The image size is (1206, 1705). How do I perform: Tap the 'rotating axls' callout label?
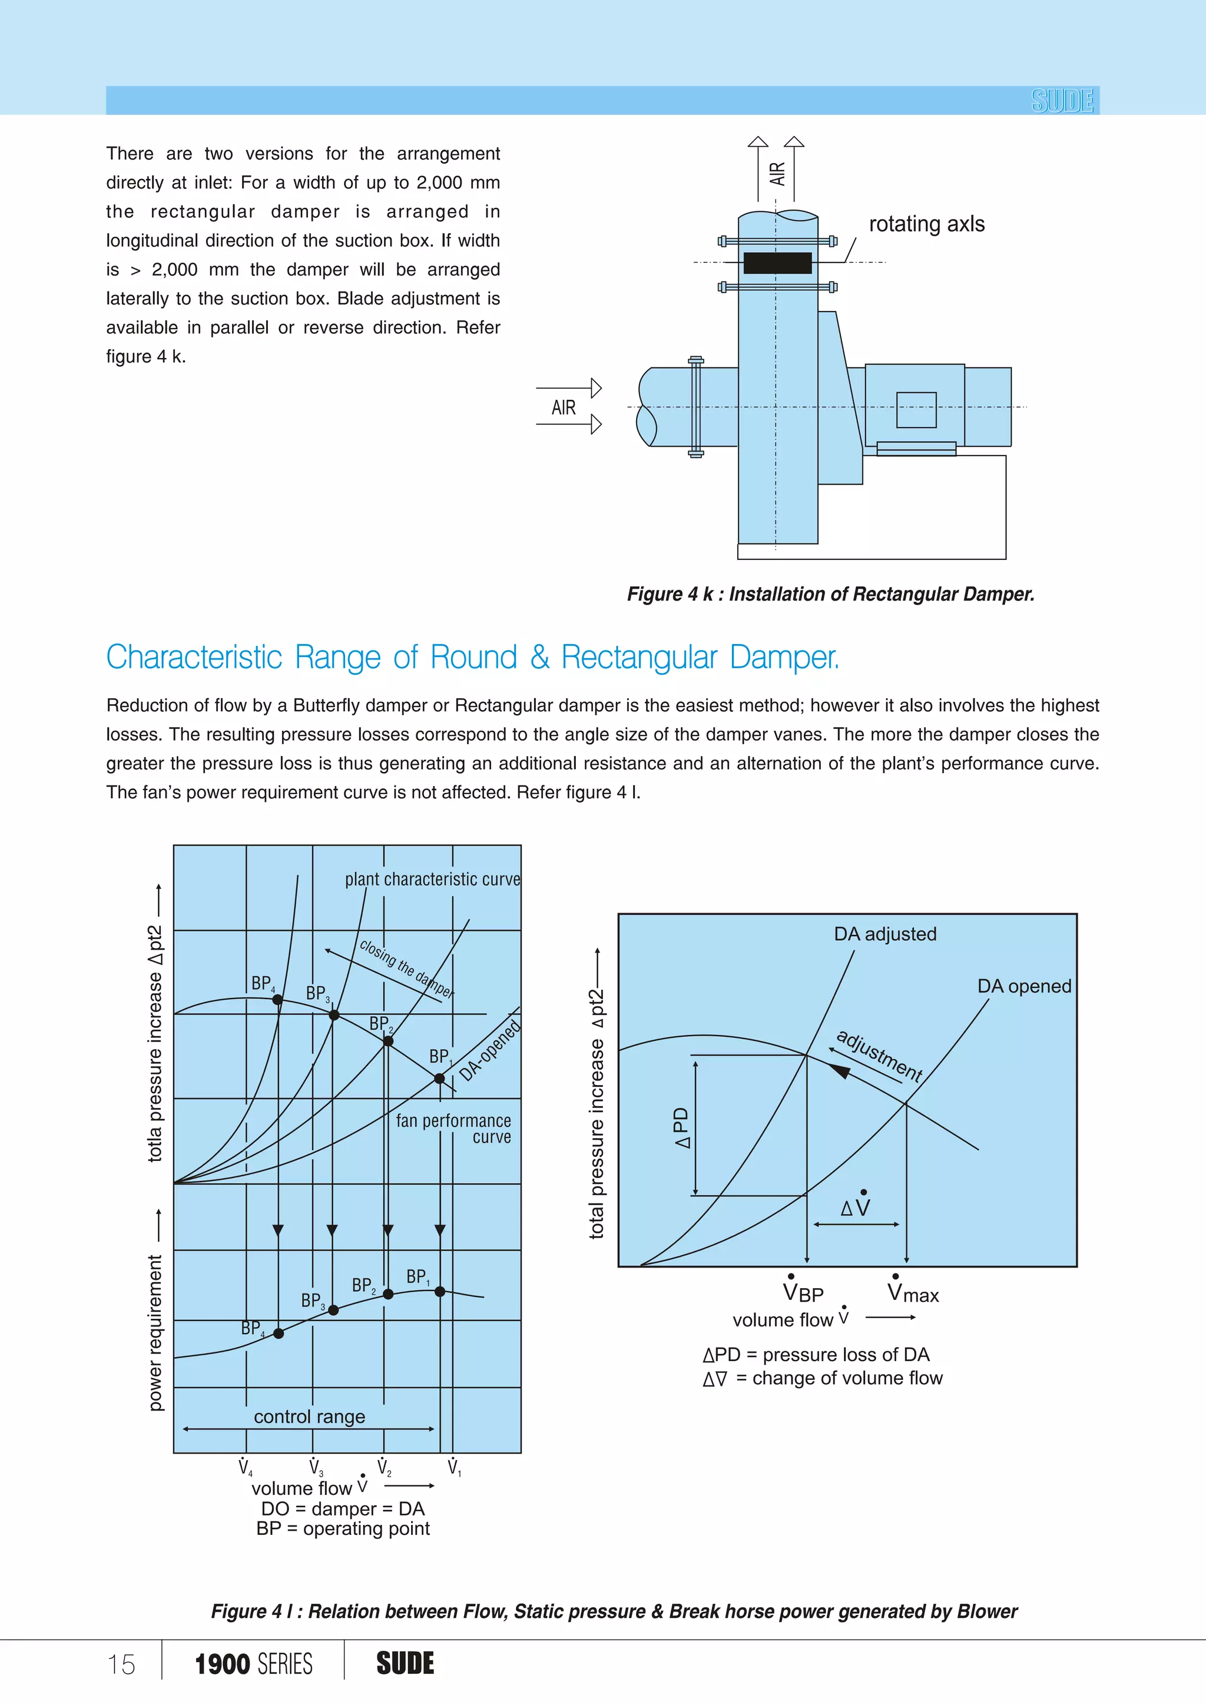point(926,224)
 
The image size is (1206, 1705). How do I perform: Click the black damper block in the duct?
point(777,263)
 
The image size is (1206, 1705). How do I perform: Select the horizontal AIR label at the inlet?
point(564,407)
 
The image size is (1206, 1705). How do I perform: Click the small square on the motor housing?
point(916,410)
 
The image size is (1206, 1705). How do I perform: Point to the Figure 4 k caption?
point(830,594)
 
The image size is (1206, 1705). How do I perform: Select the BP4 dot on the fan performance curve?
point(278,1000)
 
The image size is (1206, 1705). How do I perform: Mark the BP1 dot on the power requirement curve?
point(440,1291)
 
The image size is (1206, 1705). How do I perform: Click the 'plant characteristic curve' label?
point(432,879)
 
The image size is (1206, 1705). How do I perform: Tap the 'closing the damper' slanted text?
point(406,968)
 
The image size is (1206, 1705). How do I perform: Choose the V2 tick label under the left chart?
point(384,1467)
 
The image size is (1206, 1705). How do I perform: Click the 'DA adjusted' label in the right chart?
point(884,934)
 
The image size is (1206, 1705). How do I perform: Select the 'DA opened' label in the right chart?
point(1023,986)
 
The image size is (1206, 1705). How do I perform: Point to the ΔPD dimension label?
point(682,1127)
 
